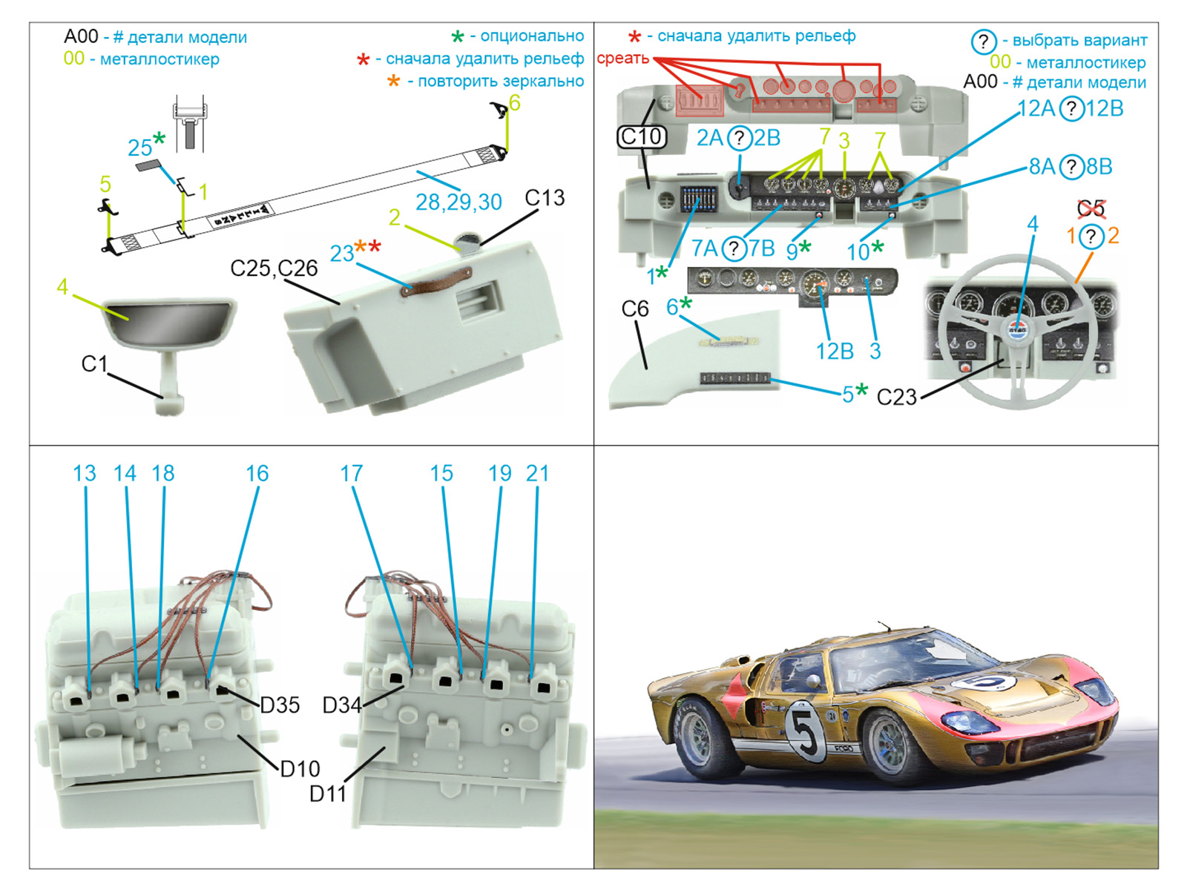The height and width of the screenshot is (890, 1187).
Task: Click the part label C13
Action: pyautogui.click(x=545, y=198)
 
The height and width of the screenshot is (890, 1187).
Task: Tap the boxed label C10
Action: pyautogui.click(x=641, y=136)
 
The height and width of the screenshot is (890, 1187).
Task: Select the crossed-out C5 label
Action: pyautogui.click(x=1091, y=209)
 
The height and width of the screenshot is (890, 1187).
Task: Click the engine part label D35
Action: pyautogui.click(x=280, y=705)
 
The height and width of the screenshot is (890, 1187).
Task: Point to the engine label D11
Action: pyautogui.click(x=328, y=794)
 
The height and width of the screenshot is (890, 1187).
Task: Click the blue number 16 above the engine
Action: pyautogui.click(x=257, y=473)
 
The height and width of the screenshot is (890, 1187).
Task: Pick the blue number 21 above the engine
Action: pyautogui.click(x=537, y=473)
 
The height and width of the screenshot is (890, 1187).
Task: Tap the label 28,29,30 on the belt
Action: pyautogui.click(x=458, y=202)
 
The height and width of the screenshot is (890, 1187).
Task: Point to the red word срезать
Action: pyautogui.click(x=622, y=58)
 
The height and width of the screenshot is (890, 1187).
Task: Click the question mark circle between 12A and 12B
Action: pyautogui.click(x=1071, y=109)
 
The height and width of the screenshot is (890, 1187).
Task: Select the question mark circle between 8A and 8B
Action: pyautogui.click(x=1071, y=167)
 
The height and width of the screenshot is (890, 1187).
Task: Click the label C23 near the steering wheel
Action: pyautogui.click(x=896, y=397)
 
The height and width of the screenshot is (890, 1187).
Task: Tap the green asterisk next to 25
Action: pyautogui.click(x=159, y=138)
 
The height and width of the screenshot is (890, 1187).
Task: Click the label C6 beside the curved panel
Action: pyautogui.click(x=635, y=309)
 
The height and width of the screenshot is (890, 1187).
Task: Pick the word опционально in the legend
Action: pyautogui.click(x=531, y=36)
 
